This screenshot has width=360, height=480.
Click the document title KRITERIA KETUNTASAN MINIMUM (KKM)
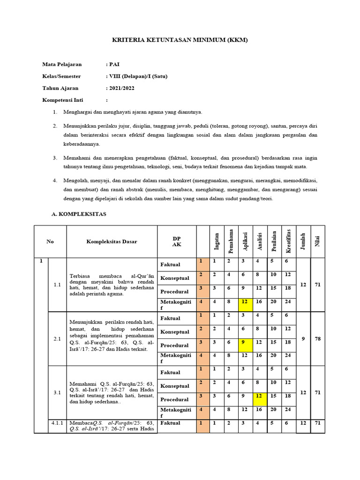click(180, 40)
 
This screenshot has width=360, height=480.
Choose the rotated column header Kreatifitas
click(289, 241)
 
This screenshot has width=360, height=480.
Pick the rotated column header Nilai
click(317, 242)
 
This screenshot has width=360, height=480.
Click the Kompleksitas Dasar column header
click(112, 241)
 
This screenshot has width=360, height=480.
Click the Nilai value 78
click(317, 338)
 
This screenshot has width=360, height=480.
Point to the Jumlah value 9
click(303, 338)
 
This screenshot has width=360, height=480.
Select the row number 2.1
click(58, 338)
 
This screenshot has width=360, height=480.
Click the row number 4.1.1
click(58, 423)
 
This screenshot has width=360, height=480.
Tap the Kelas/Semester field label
click(61, 76)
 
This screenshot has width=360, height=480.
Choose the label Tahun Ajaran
click(60, 88)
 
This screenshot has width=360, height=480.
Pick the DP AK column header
click(176, 241)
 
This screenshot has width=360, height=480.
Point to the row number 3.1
click(58, 392)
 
